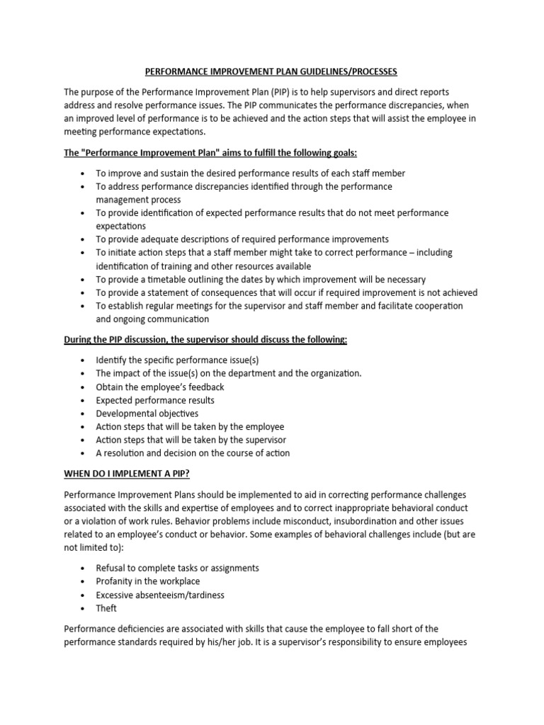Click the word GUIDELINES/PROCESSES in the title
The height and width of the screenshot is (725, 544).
(338, 72)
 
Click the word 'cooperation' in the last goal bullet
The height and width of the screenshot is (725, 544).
(434, 306)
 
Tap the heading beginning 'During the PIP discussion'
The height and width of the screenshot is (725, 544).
(205, 340)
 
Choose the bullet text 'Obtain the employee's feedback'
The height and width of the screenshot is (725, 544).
(160, 387)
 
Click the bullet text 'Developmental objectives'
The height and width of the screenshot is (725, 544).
(147, 413)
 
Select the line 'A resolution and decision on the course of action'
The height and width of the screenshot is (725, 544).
(193, 453)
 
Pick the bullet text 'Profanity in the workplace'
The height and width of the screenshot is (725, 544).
(148, 581)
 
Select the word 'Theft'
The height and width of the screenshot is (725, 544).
(107, 608)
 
